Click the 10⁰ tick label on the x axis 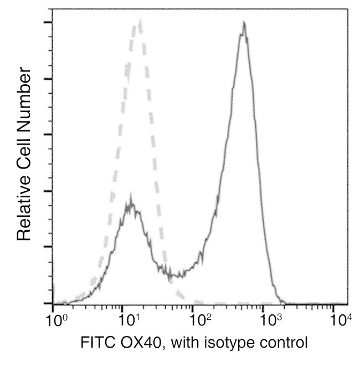pyautogui.click(x=56, y=319)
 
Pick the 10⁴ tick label pyautogui.click(x=341, y=319)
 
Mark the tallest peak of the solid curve pyautogui.click(x=244, y=23)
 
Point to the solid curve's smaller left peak pyautogui.click(x=130, y=197)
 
